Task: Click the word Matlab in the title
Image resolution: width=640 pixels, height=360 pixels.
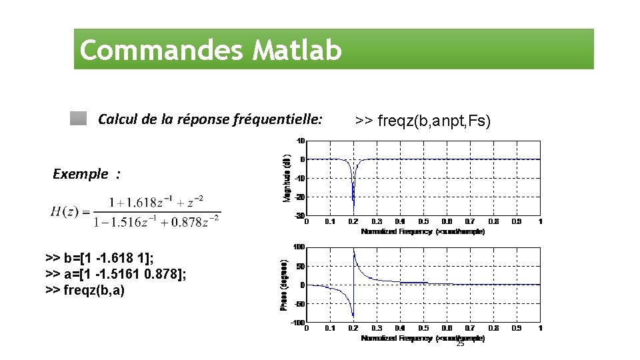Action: [297, 50]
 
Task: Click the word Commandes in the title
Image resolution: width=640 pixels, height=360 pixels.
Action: [163, 50]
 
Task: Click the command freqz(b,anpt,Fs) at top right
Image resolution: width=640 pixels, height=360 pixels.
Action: [423, 121]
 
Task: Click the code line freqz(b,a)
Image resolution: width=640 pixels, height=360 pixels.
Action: [85, 290]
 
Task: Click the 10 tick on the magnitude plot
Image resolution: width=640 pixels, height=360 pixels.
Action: [301, 141]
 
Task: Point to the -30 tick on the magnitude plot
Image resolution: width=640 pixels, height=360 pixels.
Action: [300, 215]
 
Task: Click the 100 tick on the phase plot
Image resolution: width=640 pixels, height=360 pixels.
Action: [299, 247]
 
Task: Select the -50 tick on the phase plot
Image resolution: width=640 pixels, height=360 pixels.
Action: [300, 304]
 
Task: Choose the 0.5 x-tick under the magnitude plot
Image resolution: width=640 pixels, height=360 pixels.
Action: [423, 221]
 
